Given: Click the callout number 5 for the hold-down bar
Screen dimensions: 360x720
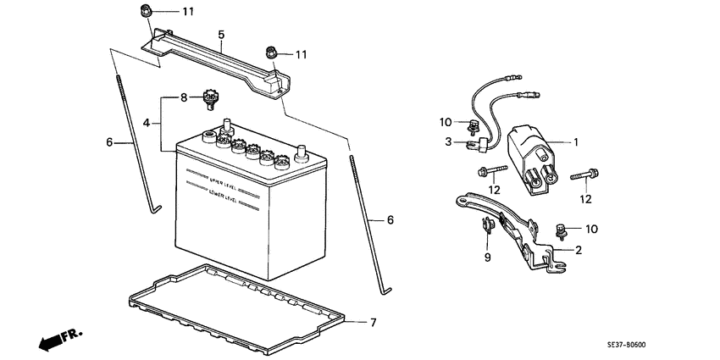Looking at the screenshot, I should pyautogui.click(x=221, y=35).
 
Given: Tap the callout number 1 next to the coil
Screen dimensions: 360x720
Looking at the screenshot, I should pyautogui.click(x=576, y=142).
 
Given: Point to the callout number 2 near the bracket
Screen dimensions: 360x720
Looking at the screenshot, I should pyautogui.click(x=578, y=250).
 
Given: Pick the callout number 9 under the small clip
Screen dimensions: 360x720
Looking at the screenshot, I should pyautogui.click(x=487, y=257).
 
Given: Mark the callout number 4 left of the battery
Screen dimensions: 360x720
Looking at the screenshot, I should pyautogui.click(x=146, y=123).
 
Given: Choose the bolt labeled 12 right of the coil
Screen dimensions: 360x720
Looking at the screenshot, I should pyautogui.click(x=585, y=176).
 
